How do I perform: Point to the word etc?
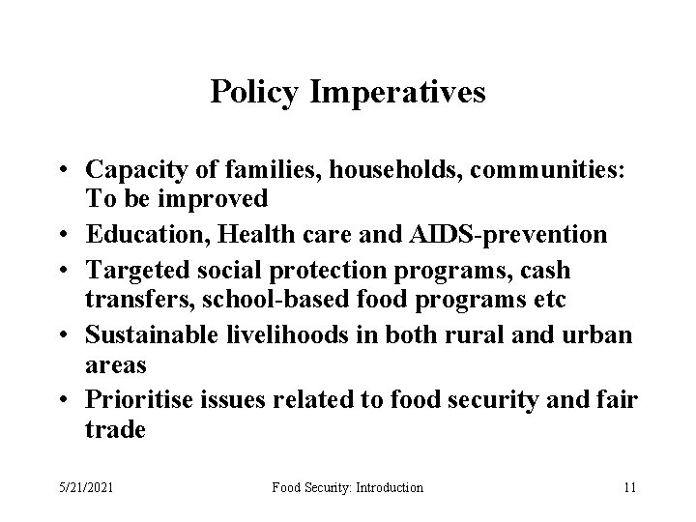(x=548, y=299)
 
